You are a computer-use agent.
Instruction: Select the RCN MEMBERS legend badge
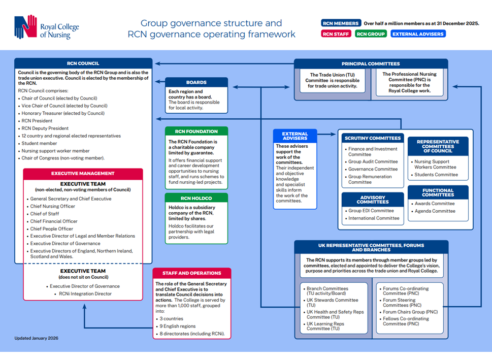[x=341, y=23]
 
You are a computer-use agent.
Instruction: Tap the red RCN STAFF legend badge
[x=336, y=34]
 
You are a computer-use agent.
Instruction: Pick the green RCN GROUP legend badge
[x=371, y=34]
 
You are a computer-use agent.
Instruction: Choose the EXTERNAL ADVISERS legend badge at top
[x=418, y=34]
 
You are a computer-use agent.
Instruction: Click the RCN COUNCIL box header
[x=83, y=64]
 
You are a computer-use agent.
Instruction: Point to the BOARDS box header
[x=196, y=82]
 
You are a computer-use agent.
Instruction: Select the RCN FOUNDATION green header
[x=196, y=132]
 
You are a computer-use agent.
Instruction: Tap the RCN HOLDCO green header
[x=196, y=198]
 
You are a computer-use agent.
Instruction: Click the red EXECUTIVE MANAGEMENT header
[x=83, y=174]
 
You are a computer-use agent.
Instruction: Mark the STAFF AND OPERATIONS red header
[x=192, y=273]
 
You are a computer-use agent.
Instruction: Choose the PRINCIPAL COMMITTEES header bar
[x=371, y=64]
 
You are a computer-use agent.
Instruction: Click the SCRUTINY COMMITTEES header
[x=373, y=138]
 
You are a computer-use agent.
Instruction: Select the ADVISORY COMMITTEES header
[x=373, y=200]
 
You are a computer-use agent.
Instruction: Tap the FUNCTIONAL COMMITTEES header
[x=438, y=192]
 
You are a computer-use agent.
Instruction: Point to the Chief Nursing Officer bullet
[x=53, y=206]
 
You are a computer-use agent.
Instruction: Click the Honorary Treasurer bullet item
[x=63, y=113]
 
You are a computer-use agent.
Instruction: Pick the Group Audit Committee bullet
[x=373, y=161]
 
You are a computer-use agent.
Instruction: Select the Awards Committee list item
[x=435, y=204]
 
